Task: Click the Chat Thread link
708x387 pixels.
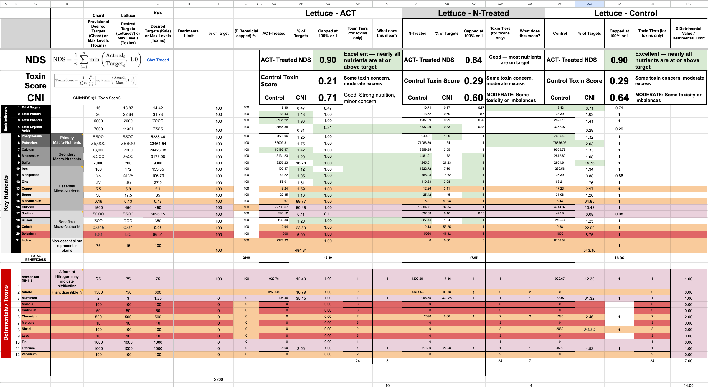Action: [x=158, y=60]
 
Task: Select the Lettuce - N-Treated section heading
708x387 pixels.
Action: [x=473, y=13]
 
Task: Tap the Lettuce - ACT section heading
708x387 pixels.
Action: [x=330, y=13]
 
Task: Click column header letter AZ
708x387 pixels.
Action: [x=589, y=4]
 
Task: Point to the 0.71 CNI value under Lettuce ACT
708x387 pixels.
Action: [x=327, y=98]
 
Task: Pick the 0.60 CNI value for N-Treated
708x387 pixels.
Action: [x=473, y=98]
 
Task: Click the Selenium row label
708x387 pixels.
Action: [x=29, y=234]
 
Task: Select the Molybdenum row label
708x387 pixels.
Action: [x=31, y=201]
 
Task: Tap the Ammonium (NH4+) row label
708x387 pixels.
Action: [x=30, y=279]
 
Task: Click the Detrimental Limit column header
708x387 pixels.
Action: [x=189, y=33]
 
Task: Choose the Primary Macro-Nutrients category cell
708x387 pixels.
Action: [x=67, y=140]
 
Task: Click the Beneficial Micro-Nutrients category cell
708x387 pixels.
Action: [x=67, y=224]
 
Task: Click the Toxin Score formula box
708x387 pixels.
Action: [x=96, y=80]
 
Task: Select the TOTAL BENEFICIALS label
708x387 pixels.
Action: [x=36, y=258]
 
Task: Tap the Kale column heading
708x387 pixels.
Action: [x=158, y=13]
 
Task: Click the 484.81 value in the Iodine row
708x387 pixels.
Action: [x=301, y=250]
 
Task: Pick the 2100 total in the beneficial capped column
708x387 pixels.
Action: [x=246, y=258]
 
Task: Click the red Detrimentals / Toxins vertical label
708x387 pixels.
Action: [x=6, y=313]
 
